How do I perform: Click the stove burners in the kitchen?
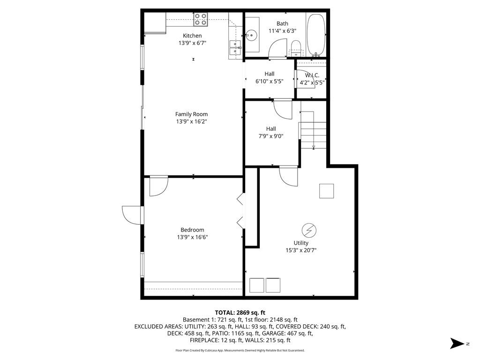(x=201, y=19)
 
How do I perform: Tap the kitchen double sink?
(x=235, y=45)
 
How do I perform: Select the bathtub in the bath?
(x=316, y=34)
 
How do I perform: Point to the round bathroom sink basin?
(x=252, y=35)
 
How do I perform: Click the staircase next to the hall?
(x=313, y=130)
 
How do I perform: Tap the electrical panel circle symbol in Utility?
(x=308, y=230)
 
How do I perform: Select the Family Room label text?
(x=191, y=114)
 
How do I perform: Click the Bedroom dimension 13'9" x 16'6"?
(x=192, y=237)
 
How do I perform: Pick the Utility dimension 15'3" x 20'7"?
(x=301, y=250)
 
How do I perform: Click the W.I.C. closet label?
(x=312, y=75)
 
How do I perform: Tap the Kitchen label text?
(x=192, y=36)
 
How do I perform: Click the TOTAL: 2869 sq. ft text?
(x=240, y=312)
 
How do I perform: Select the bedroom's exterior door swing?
(x=132, y=215)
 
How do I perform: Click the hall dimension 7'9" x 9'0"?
(x=271, y=136)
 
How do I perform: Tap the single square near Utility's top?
(x=327, y=191)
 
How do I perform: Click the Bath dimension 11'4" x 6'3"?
(x=282, y=31)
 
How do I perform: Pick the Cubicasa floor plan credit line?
(x=240, y=350)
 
